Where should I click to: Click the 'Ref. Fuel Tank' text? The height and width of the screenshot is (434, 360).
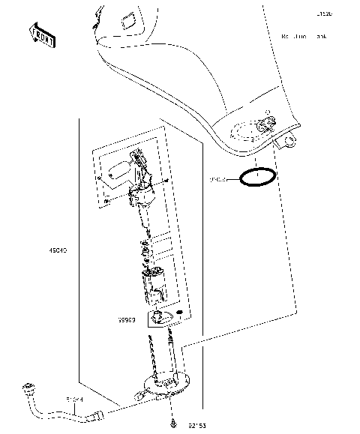point(304,36)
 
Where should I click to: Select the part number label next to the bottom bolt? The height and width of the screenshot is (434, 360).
point(196,426)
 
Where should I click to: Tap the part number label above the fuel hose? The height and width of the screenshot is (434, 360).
point(75,401)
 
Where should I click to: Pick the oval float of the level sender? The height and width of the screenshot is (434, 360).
point(117,170)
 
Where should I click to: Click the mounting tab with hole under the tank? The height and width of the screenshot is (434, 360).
point(288,140)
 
